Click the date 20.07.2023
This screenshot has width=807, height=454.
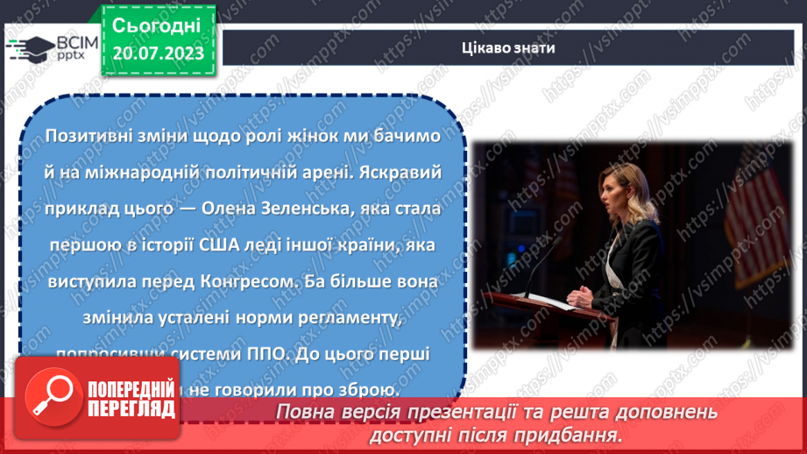158,53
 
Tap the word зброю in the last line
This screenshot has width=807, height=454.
371,391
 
